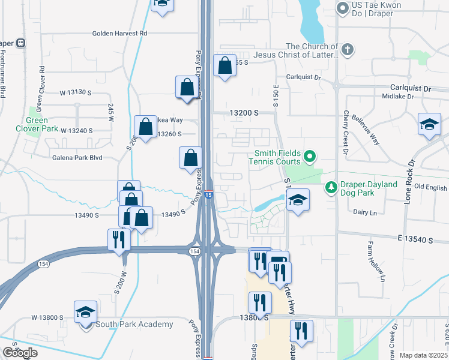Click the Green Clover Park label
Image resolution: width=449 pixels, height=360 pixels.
tap(45, 124)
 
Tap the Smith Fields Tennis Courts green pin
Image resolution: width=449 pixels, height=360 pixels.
tap(310, 157)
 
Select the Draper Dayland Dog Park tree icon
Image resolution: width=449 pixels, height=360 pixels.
tap(331, 188)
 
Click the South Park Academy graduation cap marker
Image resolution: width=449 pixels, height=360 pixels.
tap(85, 312)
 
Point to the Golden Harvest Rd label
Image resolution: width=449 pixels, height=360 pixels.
tap(119, 34)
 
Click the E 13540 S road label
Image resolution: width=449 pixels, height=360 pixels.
tap(415, 239)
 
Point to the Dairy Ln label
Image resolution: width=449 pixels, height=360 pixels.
tap(365, 212)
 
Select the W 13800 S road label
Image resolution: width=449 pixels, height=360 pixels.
tap(52, 317)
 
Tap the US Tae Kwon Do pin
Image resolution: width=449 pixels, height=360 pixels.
tap(343, 8)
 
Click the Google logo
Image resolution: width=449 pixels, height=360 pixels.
tap(20, 353)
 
